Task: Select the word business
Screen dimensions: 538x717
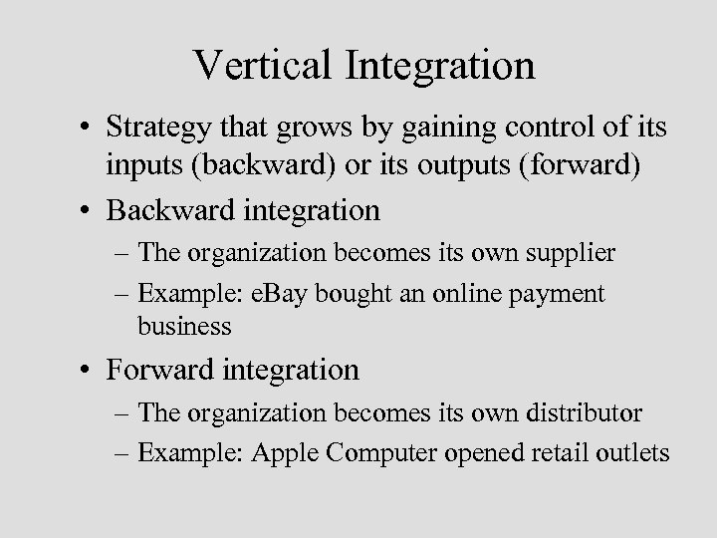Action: (x=184, y=326)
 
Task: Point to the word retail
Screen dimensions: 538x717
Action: (x=572, y=453)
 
